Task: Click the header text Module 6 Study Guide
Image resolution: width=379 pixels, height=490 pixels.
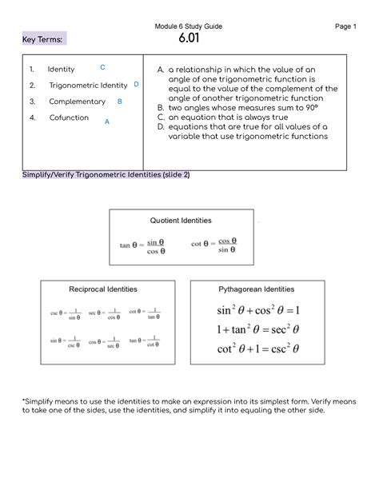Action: coord(189,26)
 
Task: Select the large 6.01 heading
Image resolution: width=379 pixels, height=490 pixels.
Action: coord(189,40)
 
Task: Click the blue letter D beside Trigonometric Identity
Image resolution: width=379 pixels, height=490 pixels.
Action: coord(137,84)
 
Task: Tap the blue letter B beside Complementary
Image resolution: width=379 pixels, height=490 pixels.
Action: coord(119,102)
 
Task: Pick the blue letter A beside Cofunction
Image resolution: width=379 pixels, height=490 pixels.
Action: coord(107,122)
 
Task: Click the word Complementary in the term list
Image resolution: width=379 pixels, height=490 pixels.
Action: coord(77,102)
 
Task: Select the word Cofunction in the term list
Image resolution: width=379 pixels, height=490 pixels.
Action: coord(69,118)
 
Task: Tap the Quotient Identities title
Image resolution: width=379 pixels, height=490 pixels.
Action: coord(181,220)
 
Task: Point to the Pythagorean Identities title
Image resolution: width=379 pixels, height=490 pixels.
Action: coord(256,289)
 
